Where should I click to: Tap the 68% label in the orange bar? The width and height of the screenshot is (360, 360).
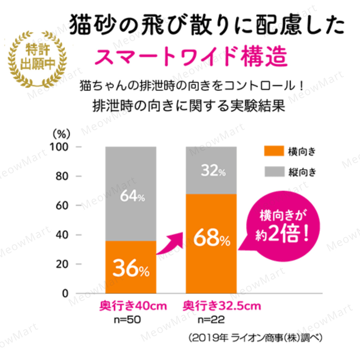click(211, 237)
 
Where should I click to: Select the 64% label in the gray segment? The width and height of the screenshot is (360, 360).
click(132, 197)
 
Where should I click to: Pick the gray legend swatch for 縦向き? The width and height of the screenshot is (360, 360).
click(274, 172)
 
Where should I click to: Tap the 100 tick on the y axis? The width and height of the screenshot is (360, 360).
click(61, 147)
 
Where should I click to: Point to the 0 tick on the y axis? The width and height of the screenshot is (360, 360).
click(66, 294)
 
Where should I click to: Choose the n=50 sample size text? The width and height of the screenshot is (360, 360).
click(127, 321)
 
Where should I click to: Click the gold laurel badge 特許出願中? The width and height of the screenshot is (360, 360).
click(37, 58)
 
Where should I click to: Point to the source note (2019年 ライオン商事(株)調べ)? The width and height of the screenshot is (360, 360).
click(255, 338)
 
